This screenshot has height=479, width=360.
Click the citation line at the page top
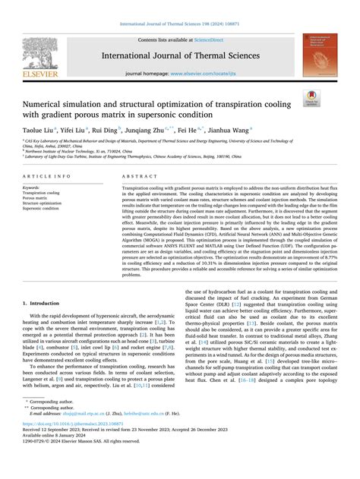pyautogui.click(x=179, y=27)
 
